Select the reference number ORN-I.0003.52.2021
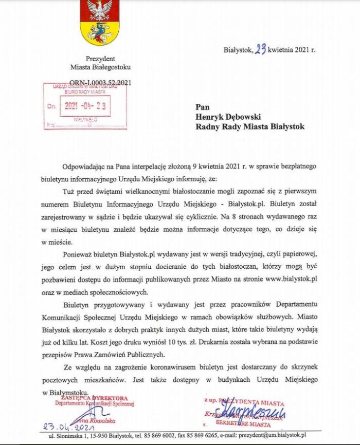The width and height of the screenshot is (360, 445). click(x=101, y=82)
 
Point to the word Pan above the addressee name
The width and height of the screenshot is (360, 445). click(x=203, y=107)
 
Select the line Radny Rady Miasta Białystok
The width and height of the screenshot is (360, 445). click(x=250, y=126)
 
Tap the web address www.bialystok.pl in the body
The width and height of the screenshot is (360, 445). click(x=292, y=279)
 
